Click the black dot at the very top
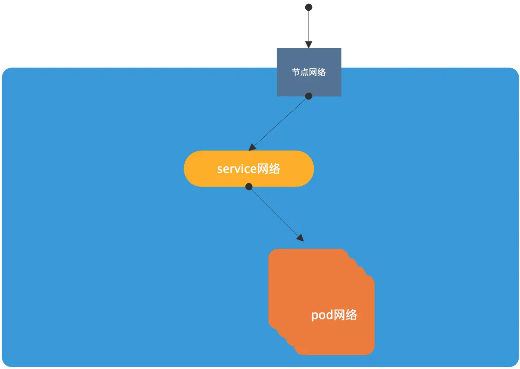309,7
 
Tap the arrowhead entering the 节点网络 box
309,44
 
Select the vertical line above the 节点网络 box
309,26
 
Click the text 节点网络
309,72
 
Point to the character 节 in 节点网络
296,72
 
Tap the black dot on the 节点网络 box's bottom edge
309,96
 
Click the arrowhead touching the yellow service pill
252,147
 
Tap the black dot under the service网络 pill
248,187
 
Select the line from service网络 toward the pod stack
275,213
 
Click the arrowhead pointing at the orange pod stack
300,238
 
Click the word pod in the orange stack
322,315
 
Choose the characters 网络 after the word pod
345,315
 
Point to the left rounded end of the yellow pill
185,169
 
